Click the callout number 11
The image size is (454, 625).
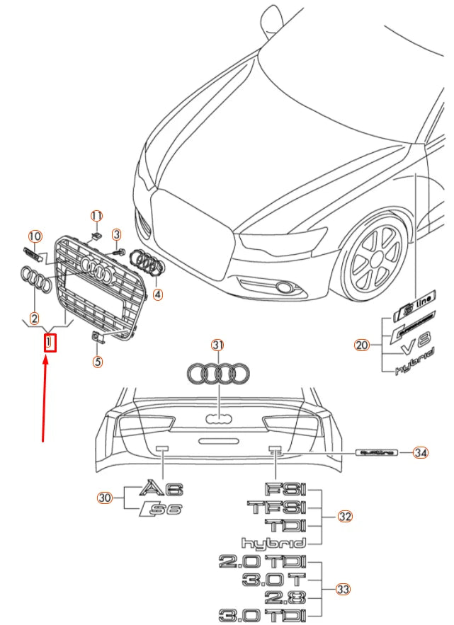96,215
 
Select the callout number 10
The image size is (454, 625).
34,236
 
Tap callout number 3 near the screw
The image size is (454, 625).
117,234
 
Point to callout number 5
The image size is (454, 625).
98,362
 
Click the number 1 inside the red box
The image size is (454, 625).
50,343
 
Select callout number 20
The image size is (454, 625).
362,345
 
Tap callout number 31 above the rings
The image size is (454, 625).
217,345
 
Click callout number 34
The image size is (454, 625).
421,452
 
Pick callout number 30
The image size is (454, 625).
105,498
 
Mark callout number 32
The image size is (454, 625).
344,517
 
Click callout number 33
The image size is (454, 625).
344,589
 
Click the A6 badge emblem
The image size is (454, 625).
162,488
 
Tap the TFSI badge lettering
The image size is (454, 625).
276,508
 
